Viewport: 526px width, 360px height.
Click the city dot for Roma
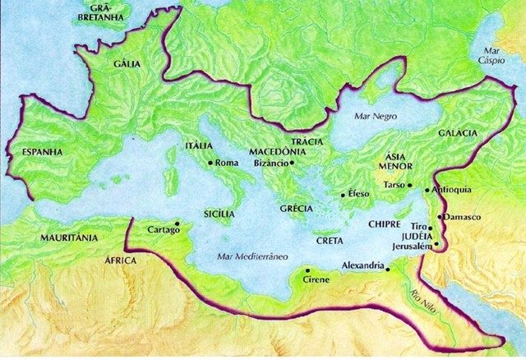point(210,163)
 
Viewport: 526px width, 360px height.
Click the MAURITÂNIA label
point(68,238)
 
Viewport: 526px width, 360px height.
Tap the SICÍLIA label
point(219,213)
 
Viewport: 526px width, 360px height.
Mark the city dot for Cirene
point(307,270)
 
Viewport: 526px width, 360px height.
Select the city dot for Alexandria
point(388,266)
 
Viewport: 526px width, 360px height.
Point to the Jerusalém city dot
point(436,244)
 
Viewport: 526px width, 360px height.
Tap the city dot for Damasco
point(441,216)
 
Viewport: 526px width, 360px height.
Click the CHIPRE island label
point(385,224)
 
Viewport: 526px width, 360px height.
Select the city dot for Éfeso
point(343,196)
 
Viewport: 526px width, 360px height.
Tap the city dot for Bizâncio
point(292,163)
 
